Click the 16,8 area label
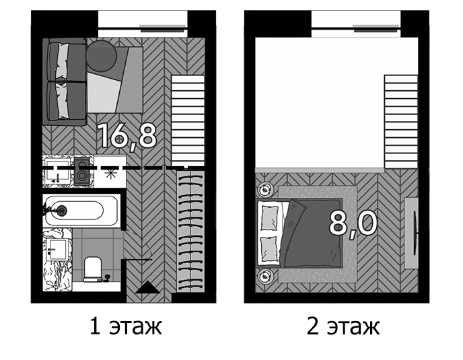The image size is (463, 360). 128,136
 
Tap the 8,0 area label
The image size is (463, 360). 353,223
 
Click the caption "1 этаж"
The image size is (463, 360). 126,326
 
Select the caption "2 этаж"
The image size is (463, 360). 343,326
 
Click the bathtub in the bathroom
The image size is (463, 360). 81,211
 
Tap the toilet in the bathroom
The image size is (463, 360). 93,269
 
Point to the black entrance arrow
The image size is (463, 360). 147,287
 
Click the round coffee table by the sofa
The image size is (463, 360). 101,56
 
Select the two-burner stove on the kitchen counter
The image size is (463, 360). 82,172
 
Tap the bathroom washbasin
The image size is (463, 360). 57,250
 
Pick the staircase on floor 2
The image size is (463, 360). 401,121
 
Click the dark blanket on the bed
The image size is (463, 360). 312,233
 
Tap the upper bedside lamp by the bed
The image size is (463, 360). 265,189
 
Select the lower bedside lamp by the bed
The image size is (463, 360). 265,277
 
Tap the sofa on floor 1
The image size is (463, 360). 65,82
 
